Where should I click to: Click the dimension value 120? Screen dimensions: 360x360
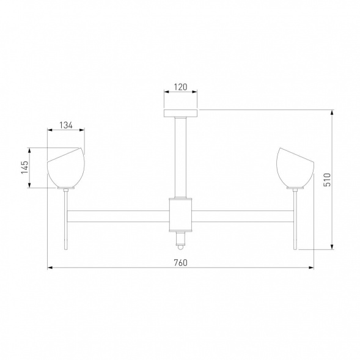coord(180,87)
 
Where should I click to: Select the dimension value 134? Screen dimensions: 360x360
coord(66,125)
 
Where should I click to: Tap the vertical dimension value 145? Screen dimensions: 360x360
coord(24,167)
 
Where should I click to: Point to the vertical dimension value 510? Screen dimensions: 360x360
coord(327,179)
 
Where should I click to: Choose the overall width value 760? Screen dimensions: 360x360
coord(180,263)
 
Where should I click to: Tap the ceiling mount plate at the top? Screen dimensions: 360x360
coord(180,113)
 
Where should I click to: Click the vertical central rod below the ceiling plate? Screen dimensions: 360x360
coord(180,156)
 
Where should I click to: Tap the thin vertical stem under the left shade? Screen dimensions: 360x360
coord(66,220)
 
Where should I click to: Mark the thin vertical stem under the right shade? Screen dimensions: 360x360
coord(295,220)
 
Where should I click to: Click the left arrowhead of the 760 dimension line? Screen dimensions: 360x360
coord(50,268)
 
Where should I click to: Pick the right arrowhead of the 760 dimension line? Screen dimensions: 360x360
coord(311,268)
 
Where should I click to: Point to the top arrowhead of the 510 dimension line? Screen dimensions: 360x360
coord(332,112)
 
